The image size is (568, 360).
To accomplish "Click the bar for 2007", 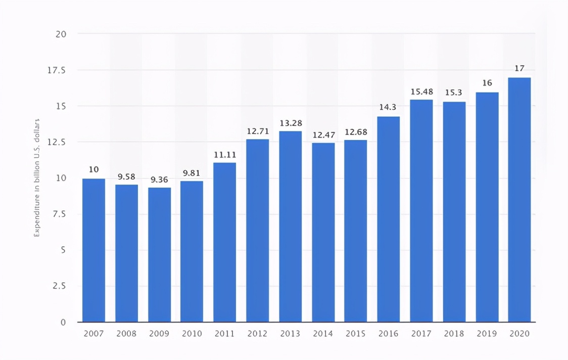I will [x=93, y=250].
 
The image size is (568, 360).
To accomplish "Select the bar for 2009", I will [x=159, y=255].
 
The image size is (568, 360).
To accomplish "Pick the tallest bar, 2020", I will [x=519, y=200].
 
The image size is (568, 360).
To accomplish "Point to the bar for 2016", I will [x=388, y=219].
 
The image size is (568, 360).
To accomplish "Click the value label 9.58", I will [x=126, y=177].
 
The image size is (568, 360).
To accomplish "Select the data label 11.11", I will [x=224, y=155].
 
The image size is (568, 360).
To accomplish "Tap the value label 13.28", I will [x=290, y=123].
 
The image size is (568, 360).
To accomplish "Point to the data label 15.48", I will [x=421, y=92].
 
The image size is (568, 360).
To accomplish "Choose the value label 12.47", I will [x=323, y=135].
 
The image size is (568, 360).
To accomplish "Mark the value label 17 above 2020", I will [x=519, y=69].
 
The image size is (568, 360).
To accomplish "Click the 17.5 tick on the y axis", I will [x=57, y=70].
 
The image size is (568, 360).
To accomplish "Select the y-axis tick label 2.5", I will [x=60, y=286].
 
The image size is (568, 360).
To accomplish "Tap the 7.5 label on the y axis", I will [x=60, y=214].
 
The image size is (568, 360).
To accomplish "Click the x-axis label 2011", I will [x=224, y=334].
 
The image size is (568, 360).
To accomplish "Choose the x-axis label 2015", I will [x=355, y=334].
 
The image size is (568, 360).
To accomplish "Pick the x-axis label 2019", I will [x=487, y=334].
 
